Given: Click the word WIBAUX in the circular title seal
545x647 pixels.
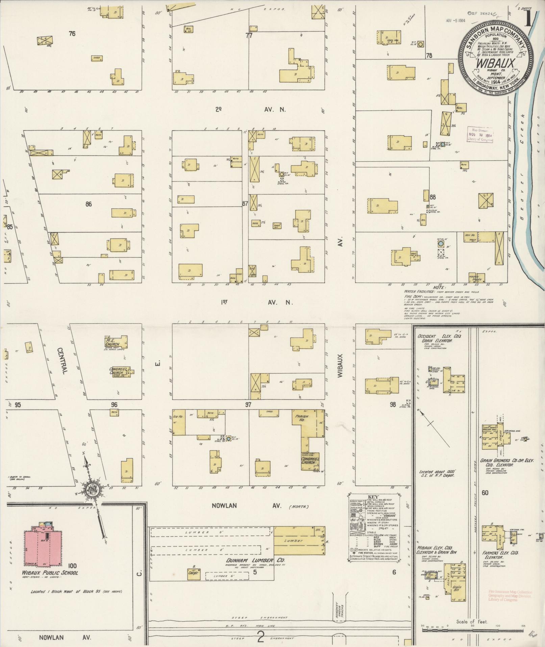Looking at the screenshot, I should click(x=491, y=63).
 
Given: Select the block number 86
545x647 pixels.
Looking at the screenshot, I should click(x=89, y=204).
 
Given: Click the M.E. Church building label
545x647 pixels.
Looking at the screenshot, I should click(x=112, y=343).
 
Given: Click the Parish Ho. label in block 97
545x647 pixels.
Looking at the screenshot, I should click(x=301, y=417).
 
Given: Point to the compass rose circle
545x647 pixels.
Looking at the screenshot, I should click(x=91, y=490).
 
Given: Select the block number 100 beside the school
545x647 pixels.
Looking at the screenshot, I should click(x=72, y=565).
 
